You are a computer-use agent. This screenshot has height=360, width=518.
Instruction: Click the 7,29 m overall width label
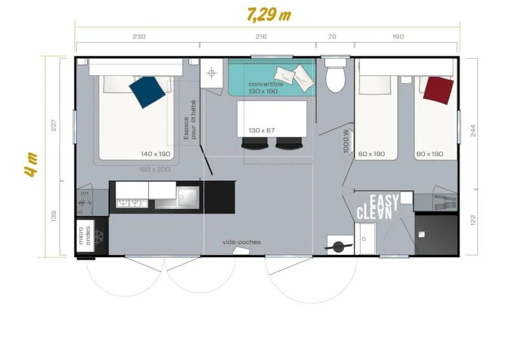point(269,14)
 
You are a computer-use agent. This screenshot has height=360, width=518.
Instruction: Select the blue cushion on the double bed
point(148,92)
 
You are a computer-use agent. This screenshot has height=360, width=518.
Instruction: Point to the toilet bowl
point(335,79)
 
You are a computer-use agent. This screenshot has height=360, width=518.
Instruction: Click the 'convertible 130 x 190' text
point(265,87)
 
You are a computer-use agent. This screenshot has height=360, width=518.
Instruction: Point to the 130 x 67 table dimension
point(262,130)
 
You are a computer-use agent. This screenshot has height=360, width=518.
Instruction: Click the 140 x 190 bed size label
point(155,154)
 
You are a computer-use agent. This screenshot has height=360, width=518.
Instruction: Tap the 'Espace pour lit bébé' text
point(190,120)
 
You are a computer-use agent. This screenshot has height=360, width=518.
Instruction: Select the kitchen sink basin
point(188,196)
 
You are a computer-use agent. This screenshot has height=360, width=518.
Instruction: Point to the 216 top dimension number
point(262,37)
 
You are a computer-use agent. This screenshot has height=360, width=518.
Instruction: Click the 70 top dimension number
point(332,37)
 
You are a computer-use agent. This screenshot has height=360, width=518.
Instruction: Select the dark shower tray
point(435,233)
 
